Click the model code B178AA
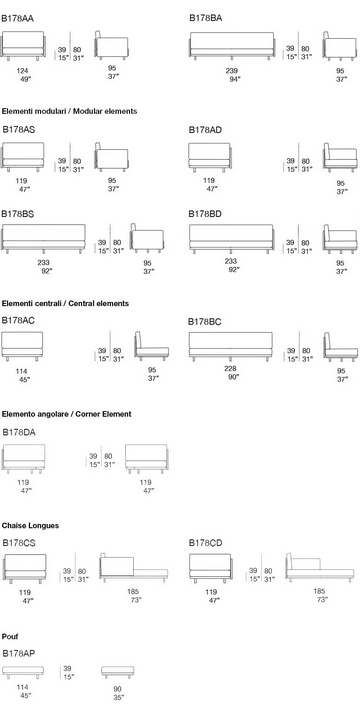pos(17,19)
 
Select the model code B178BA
pos(206,18)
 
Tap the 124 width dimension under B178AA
pos(22,71)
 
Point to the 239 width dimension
pos(231,71)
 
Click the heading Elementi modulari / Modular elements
pos(69,111)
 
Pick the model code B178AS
pos(18,130)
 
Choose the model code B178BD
pos(205,214)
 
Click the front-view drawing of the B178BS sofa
pos(44,239)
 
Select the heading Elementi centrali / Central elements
pos(65,304)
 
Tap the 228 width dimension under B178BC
pos(231,369)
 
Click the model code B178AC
pos(18,321)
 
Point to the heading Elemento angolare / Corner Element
pos(67,414)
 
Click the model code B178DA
pos(19,433)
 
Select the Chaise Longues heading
pos(30,526)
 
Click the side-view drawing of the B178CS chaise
pos(134,568)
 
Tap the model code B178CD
pos(206,544)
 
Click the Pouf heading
pos(10,637)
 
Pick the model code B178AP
pos(19,653)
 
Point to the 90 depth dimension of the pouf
pos(118,689)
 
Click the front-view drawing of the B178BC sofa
pos(231,346)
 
